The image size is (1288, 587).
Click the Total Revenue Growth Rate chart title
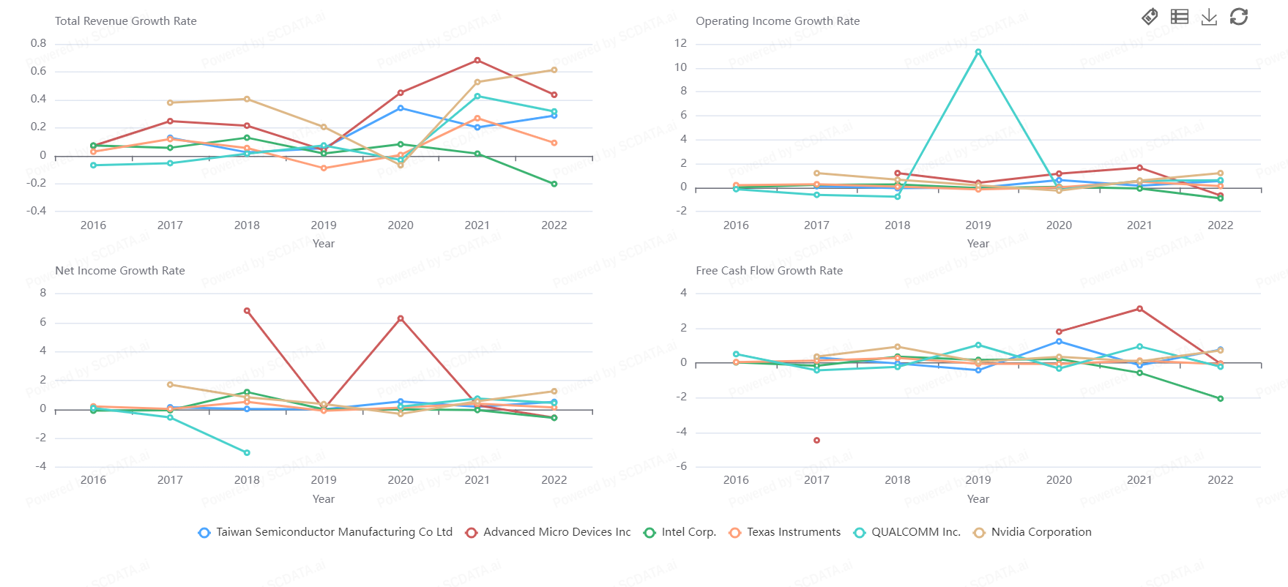(x=126, y=21)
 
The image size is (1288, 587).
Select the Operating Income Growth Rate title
(x=778, y=21)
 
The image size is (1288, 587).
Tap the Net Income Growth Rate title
(x=120, y=271)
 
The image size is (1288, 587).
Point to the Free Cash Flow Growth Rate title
(x=769, y=271)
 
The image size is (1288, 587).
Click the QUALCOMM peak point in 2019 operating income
(x=978, y=52)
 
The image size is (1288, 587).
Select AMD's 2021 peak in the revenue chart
(x=477, y=60)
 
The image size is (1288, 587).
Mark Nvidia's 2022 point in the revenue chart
(x=554, y=70)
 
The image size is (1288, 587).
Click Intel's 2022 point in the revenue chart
(x=554, y=184)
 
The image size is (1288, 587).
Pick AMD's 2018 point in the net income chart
(x=247, y=311)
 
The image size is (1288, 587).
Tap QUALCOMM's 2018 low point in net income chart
(x=247, y=452)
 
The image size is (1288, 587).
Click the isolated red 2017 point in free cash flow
(x=816, y=440)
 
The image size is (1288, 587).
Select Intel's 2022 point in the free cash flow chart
(x=1221, y=399)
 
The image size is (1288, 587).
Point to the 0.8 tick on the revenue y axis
(x=39, y=43)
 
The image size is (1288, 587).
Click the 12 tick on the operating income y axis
(x=681, y=43)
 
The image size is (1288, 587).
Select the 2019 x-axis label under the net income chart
(x=324, y=480)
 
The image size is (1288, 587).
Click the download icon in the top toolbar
(x=1209, y=17)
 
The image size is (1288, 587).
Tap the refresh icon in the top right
(x=1239, y=17)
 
